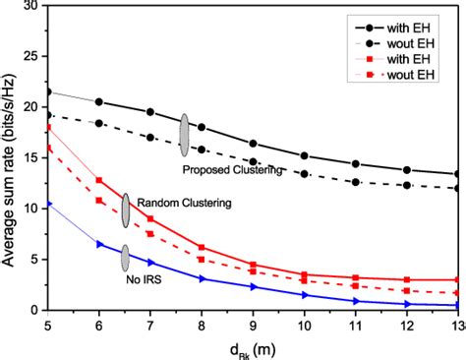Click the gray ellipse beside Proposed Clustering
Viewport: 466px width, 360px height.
[184, 135]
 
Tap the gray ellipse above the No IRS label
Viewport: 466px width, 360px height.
[125, 258]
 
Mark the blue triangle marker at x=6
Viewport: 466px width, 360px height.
[99, 243]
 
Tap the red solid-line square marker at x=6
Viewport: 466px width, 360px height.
[99, 180]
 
